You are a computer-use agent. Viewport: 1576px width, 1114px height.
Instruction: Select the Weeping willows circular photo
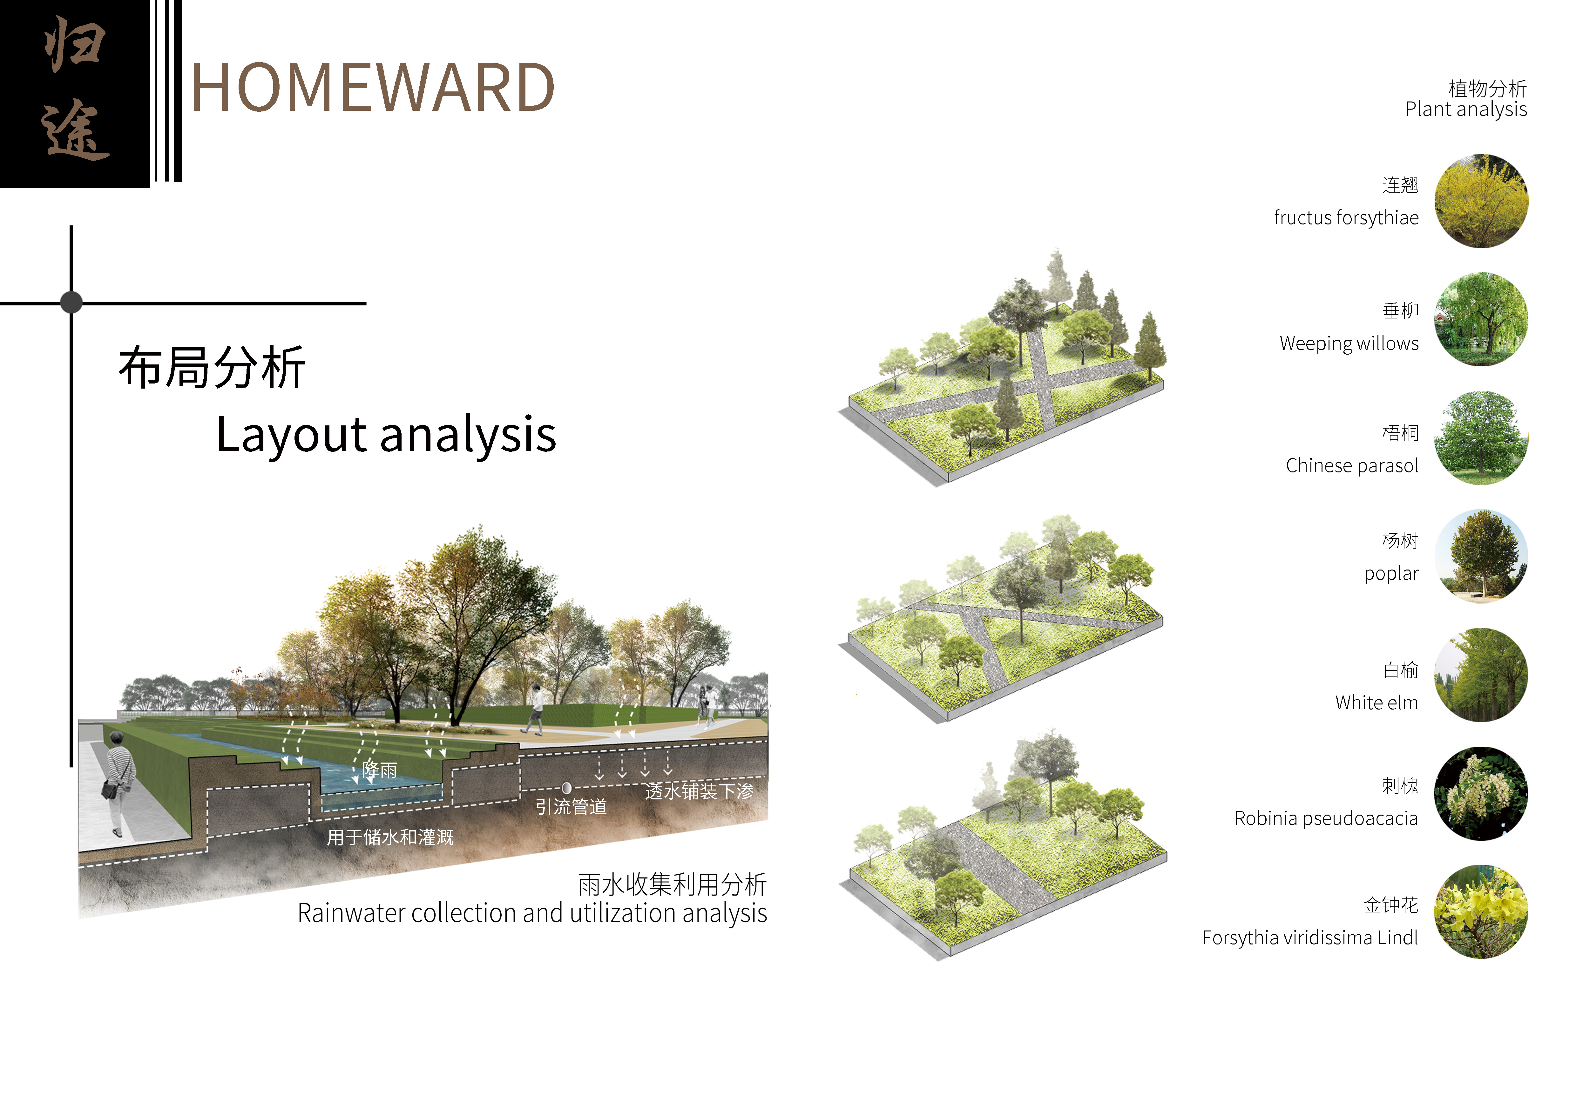point(1481,319)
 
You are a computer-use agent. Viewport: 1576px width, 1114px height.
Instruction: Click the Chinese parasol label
point(1351,466)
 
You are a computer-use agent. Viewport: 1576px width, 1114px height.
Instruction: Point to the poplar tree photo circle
point(1481,556)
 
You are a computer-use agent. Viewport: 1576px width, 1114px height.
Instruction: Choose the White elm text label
point(1376,703)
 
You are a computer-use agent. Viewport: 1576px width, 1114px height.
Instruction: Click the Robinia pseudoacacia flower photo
point(1481,794)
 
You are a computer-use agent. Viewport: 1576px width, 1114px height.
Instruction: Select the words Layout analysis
point(386,435)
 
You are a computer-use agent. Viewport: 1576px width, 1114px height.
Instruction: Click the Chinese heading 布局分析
point(212,368)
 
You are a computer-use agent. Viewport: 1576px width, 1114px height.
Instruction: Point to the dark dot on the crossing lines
point(71,302)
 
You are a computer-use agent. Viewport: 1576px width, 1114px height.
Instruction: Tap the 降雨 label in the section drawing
point(380,770)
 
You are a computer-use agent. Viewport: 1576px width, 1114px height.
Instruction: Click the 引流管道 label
point(571,807)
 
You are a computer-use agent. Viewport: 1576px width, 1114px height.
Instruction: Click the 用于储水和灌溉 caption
point(390,837)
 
